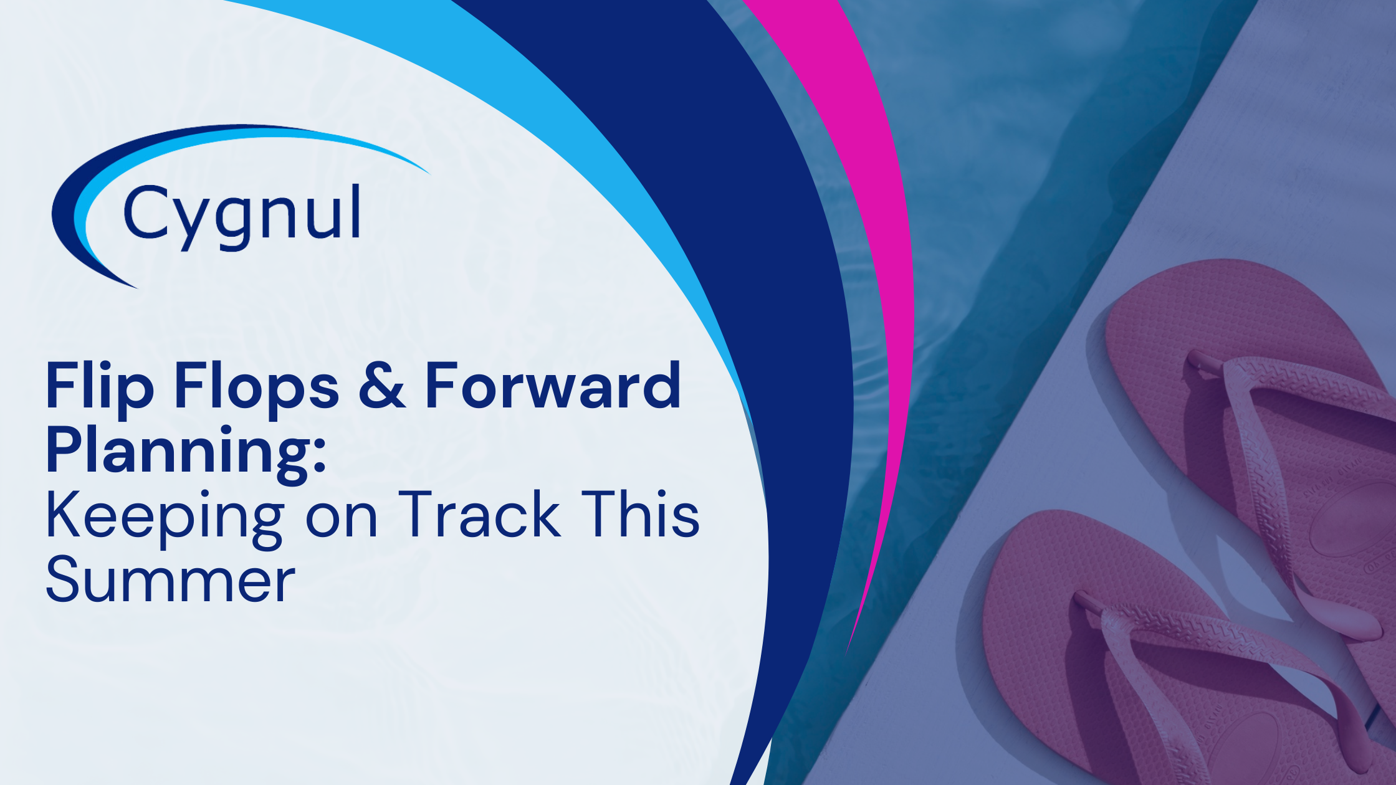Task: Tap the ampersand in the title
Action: coord(381,386)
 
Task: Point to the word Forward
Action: coord(552,386)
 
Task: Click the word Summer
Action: coord(170,581)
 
